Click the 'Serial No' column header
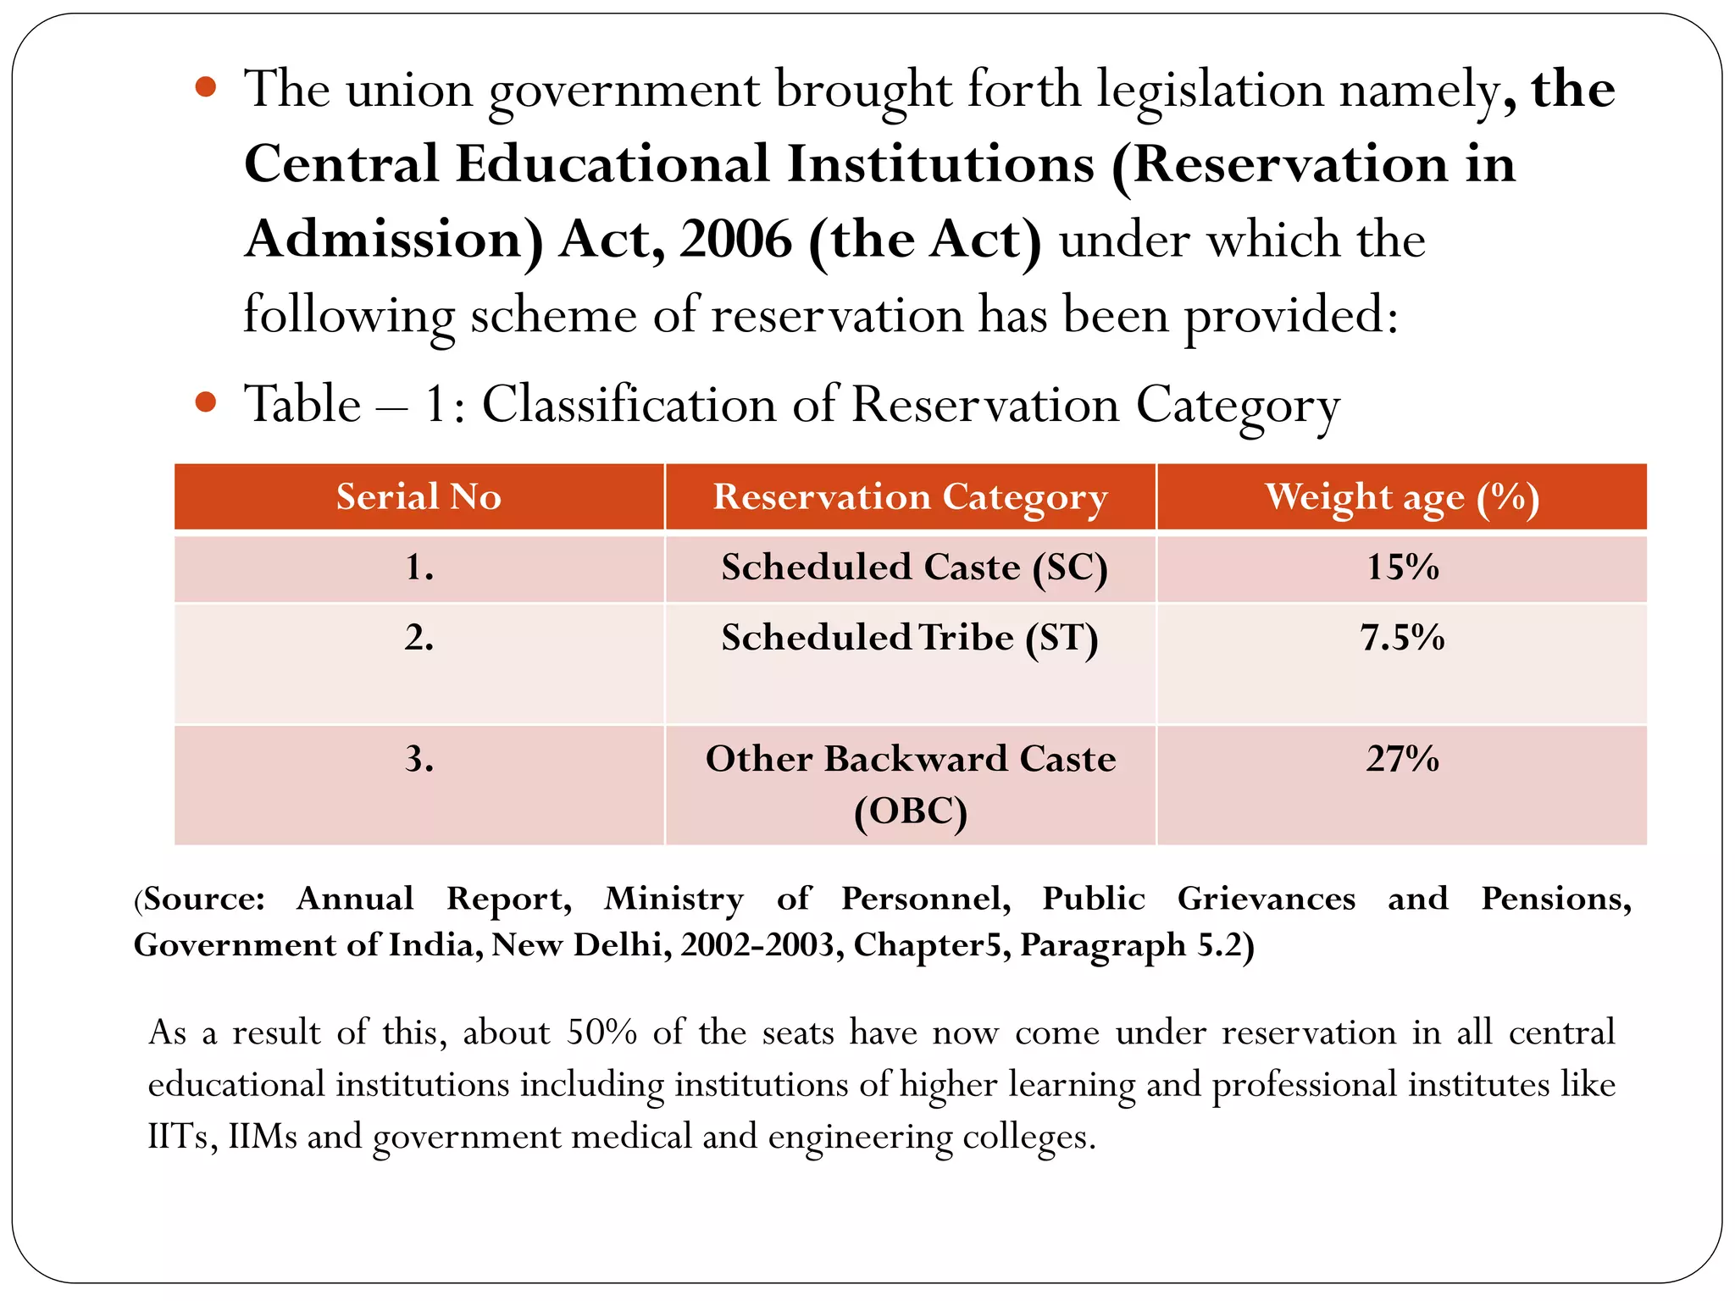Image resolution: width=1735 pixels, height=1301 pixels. point(419,496)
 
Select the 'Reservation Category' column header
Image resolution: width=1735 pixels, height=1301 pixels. point(910,497)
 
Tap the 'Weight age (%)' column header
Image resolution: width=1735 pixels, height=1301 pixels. point(1402,497)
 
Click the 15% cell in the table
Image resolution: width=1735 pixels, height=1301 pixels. point(1402,567)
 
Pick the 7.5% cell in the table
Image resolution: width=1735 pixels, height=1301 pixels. point(1402,638)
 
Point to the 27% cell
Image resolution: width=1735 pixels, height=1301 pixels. point(1402,759)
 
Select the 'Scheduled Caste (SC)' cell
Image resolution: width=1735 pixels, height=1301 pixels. point(913,567)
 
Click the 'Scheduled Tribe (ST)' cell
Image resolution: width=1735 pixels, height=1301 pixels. point(910,638)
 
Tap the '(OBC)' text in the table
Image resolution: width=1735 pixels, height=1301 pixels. point(911,811)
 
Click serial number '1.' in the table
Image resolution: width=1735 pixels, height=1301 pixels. point(419,567)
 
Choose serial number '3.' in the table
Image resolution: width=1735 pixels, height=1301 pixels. point(419,759)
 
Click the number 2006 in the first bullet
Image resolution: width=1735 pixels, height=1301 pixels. point(735,240)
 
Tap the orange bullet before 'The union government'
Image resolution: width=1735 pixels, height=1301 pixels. point(205,86)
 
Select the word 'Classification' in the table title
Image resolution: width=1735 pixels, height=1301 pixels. point(629,404)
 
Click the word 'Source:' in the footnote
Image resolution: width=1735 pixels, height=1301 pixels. point(203,899)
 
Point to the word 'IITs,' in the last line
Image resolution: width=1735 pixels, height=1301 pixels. point(182,1137)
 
